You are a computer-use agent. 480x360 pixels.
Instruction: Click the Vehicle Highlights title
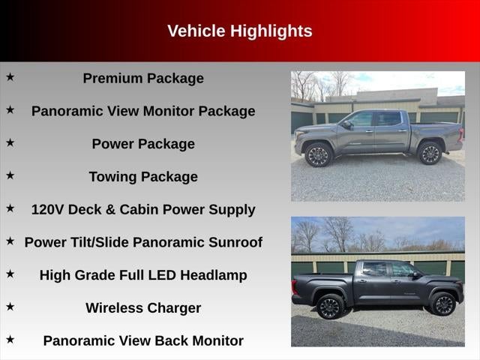239,31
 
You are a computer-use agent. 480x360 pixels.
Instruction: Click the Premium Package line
143,78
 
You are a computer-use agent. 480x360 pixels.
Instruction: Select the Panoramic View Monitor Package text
143,111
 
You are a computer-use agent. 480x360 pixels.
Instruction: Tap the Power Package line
143,144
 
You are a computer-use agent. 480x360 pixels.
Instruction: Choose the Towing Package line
143,177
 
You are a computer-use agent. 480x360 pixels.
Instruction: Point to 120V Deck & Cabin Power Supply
143,209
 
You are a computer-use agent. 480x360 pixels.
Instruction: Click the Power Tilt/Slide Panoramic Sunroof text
143,242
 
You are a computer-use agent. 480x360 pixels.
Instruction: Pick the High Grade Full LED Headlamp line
143,275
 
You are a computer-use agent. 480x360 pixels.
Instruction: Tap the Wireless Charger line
143,307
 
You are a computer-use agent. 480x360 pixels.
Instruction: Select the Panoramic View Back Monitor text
143,340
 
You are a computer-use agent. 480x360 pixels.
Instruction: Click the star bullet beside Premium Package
10,76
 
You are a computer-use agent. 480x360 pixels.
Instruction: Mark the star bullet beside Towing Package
10,175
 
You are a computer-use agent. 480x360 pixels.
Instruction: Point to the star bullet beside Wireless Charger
10,306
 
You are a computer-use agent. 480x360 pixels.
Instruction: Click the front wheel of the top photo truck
319,154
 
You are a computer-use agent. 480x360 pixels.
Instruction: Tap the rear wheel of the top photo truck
430,154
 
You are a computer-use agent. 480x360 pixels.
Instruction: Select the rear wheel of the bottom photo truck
330,307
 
